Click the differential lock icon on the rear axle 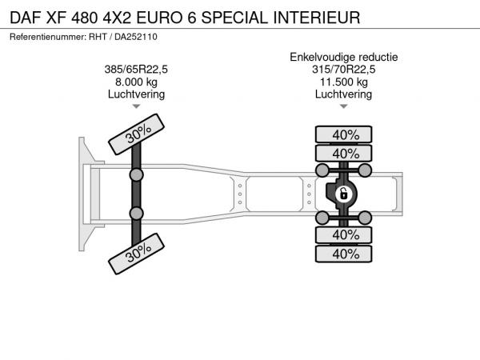click(344, 194)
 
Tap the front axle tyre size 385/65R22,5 click(136, 70)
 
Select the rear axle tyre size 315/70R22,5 click(344, 70)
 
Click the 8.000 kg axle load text click(136, 82)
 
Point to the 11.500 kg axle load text click(344, 82)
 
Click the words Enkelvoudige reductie click(344, 58)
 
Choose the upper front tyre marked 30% click(137, 134)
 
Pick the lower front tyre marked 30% click(137, 254)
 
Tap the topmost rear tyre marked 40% click(344, 134)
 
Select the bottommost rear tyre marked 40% click(344, 254)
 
